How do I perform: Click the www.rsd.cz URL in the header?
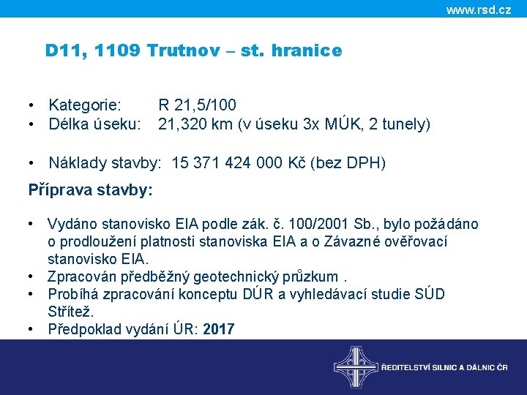[x=478, y=10]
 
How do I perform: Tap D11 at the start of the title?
[x=60, y=51]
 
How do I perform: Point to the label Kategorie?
[x=86, y=105]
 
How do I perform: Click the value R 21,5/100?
[x=197, y=105]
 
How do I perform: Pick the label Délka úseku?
[x=94, y=124]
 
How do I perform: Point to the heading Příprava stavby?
[x=90, y=190]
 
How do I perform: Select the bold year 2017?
[x=218, y=329]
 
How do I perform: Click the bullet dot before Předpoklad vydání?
[x=32, y=329]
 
